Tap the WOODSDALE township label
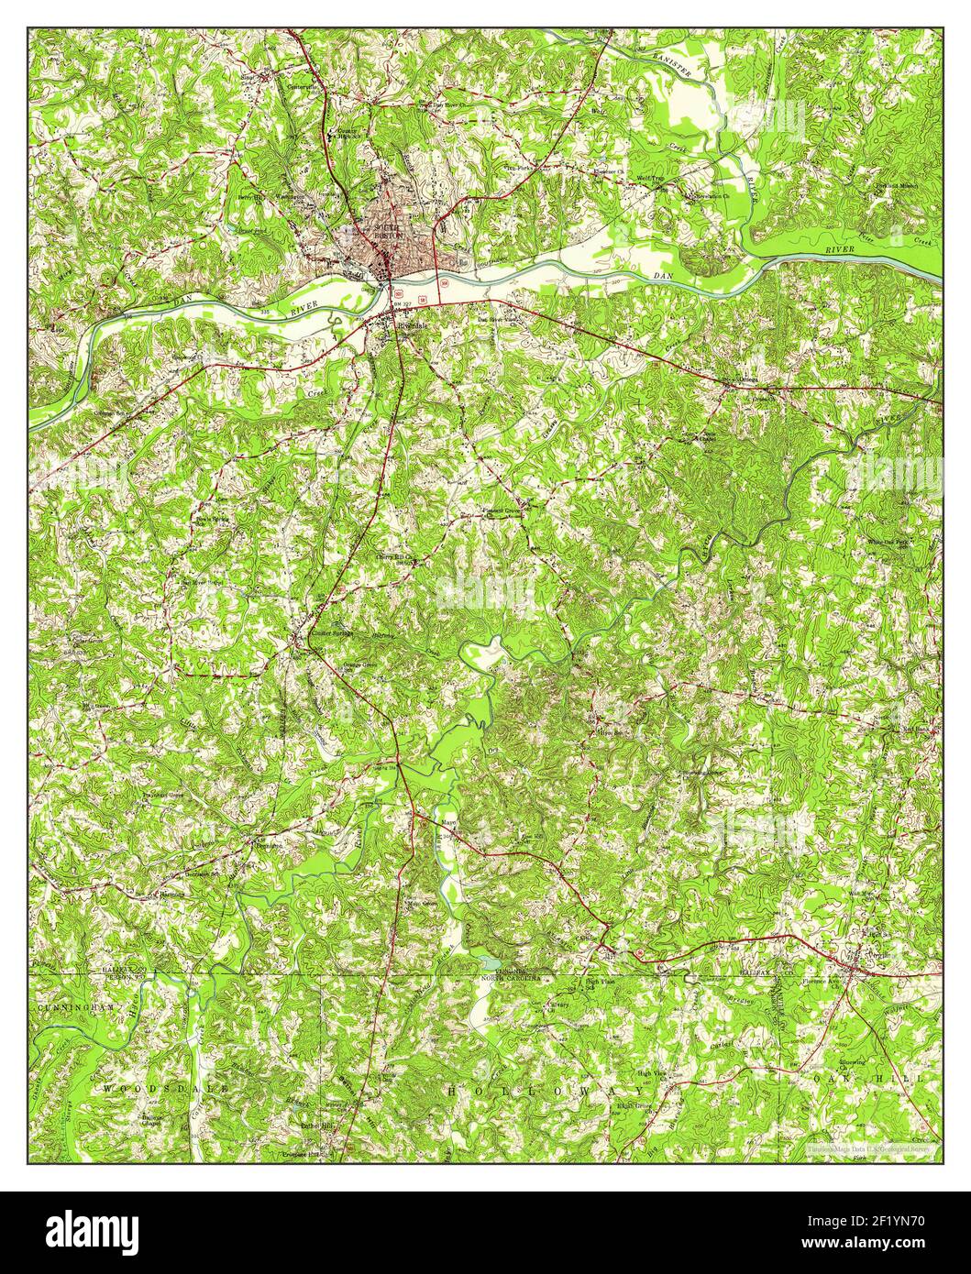tap(151, 1087)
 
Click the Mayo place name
tap(449, 822)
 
